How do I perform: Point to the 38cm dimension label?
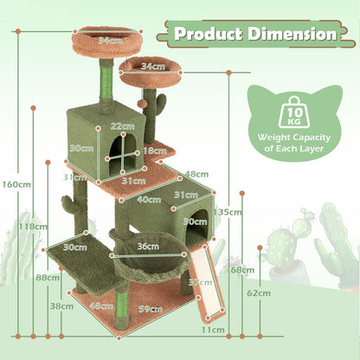pyautogui.click(x=61, y=305)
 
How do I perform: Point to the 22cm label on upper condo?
pyautogui.click(x=121, y=126)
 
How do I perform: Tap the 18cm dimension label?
pyautogui.click(x=153, y=151)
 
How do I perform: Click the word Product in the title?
pyautogui.click(x=209, y=35)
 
